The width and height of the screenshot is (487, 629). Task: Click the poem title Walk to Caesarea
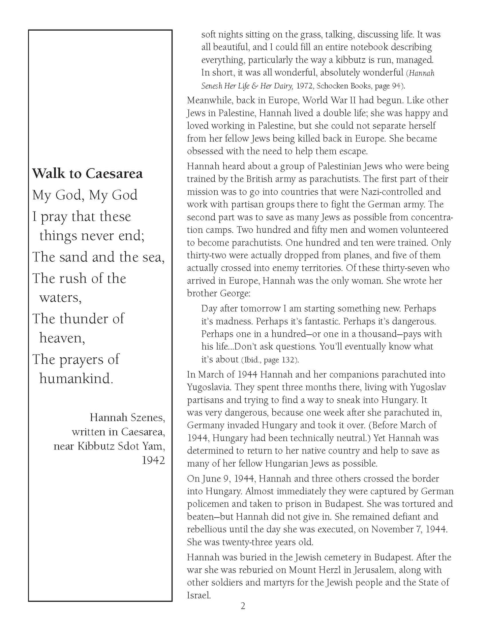87,174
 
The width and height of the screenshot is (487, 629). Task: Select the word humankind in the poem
76,378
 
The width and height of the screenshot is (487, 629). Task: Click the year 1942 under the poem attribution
153,460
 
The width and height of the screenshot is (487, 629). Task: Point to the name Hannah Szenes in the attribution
127,418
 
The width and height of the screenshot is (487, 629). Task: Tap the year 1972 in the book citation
304,86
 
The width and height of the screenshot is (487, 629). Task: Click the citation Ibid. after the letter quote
250,360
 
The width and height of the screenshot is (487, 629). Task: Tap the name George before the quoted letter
235,293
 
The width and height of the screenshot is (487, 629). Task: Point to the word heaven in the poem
62,338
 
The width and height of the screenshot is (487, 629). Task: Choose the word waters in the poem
60,298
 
